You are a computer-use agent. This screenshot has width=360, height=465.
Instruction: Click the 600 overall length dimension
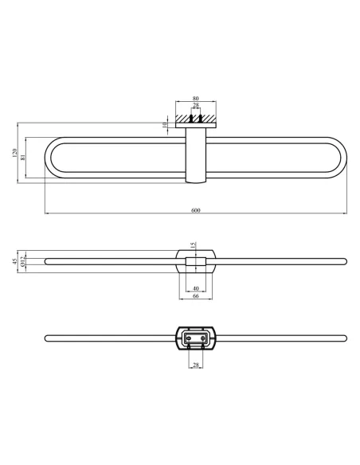point(196,210)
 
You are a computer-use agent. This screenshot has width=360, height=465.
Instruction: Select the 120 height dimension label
point(15,153)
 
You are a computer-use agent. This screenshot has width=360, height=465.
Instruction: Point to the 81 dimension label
point(23,157)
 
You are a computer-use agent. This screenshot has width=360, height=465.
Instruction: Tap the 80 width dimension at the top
point(196,98)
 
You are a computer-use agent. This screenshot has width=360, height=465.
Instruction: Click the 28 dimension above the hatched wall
point(196,105)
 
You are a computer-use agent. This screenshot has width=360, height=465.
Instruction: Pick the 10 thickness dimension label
point(165,125)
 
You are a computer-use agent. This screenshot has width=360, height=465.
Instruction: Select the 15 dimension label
point(193,245)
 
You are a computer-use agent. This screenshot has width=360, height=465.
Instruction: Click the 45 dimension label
point(15,261)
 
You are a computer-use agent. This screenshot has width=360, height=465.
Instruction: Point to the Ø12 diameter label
point(23,261)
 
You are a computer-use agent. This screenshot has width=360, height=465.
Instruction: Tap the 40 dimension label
point(196,288)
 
